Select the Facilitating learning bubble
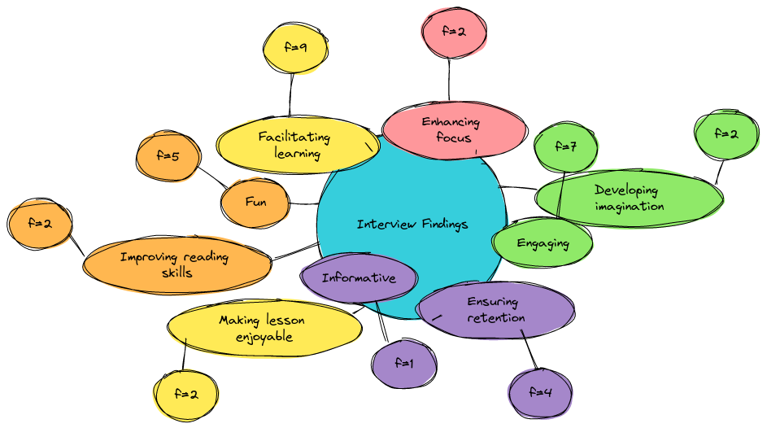click(x=298, y=145)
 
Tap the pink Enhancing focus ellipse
click(x=455, y=130)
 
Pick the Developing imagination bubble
click(x=629, y=198)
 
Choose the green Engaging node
click(x=542, y=243)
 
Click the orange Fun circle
click(x=255, y=203)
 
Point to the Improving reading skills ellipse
click(x=177, y=264)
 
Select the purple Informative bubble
click(x=359, y=277)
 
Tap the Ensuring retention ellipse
click(x=495, y=310)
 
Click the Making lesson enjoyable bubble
click(x=264, y=328)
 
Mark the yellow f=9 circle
click(x=295, y=47)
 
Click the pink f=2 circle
click(x=454, y=33)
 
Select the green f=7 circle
click(x=566, y=146)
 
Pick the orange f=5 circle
click(x=168, y=156)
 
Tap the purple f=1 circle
click(x=404, y=364)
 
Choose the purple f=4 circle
click(x=540, y=392)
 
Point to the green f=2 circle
click(x=726, y=133)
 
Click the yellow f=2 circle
click(x=186, y=395)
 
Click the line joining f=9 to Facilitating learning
click(x=291, y=95)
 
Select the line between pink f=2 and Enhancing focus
click(x=449, y=80)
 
